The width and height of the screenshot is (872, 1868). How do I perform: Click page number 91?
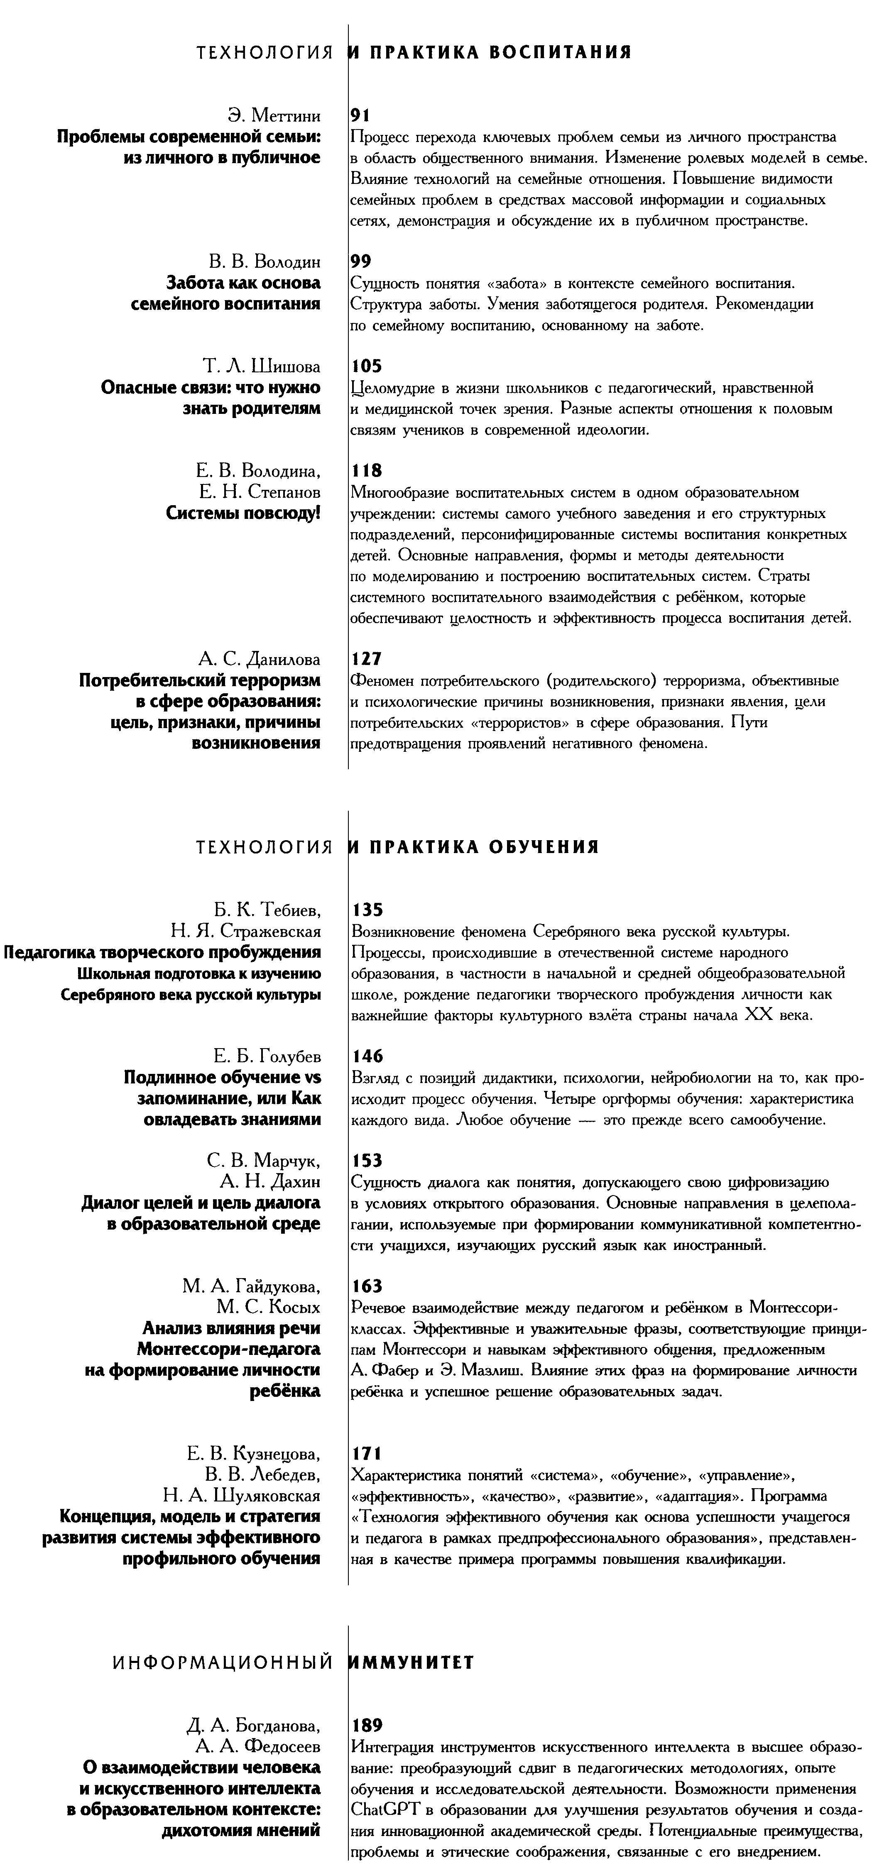360,115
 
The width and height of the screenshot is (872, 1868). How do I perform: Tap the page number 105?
366,366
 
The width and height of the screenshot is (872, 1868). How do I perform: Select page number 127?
366,659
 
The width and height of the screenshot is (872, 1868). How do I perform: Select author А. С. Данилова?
259,659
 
